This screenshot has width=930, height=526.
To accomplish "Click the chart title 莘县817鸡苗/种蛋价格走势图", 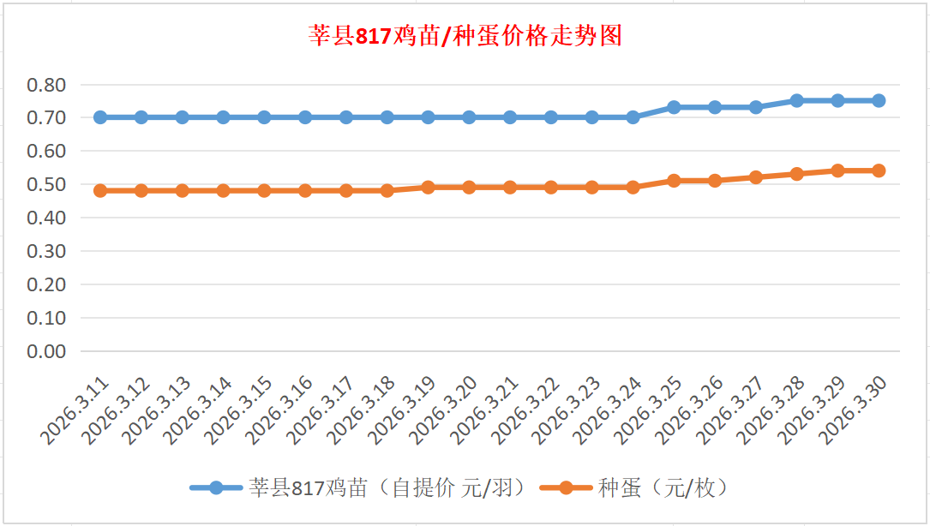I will pos(465,36).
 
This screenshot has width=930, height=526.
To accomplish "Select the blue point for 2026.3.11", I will pos(100,117).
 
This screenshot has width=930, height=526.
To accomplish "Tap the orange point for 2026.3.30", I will pos(879,170).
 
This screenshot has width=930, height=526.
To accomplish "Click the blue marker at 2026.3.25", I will pos(674,107).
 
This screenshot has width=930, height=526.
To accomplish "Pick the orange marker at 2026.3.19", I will pos(428,187).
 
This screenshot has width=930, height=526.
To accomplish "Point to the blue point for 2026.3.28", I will pos(796,100).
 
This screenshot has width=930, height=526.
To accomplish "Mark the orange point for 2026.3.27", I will pos(756,177).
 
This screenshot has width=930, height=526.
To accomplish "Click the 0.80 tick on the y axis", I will pos(46,85).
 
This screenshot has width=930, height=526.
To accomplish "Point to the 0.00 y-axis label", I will pos(46,351).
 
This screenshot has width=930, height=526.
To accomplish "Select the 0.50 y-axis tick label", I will pos(46,184).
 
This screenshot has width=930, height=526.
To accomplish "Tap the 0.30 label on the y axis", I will pos(46,251).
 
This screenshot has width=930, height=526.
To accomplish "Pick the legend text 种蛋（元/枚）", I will pos(663,488).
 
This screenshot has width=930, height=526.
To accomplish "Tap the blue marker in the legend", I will pos(216,488).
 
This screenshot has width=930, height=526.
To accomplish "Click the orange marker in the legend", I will pos(567,488).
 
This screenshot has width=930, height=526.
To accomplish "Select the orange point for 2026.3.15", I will pos(264,190).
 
